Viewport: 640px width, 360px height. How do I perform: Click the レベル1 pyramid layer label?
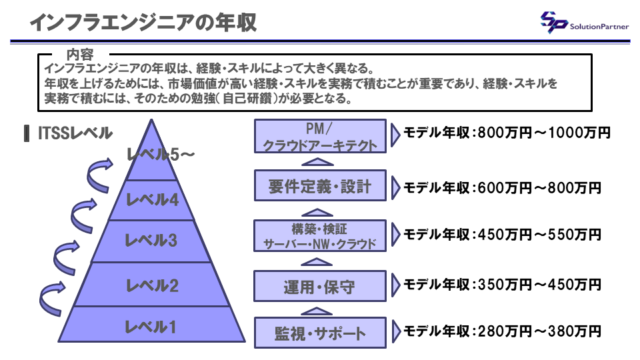click(x=152, y=327)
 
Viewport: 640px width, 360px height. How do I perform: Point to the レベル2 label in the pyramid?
click(x=152, y=286)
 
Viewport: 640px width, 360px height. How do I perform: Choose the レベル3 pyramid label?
click(x=152, y=241)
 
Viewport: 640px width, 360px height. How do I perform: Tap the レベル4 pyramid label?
click(x=152, y=199)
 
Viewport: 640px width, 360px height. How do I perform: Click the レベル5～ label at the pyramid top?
click(x=161, y=155)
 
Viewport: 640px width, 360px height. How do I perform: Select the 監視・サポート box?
click(x=320, y=331)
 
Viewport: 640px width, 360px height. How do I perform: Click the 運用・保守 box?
click(x=320, y=286)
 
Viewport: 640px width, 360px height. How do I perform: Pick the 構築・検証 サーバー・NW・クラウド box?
click(x=320, y=235)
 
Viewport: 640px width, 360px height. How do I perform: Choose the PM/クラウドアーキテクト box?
click(x=320, y=136)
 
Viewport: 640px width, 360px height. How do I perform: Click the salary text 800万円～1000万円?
click(x=544, y=133)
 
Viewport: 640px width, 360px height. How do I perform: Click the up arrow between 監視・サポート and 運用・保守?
click(x=320, y=310)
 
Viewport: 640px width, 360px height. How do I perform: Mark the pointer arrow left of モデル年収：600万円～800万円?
click(x=395, y=187)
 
